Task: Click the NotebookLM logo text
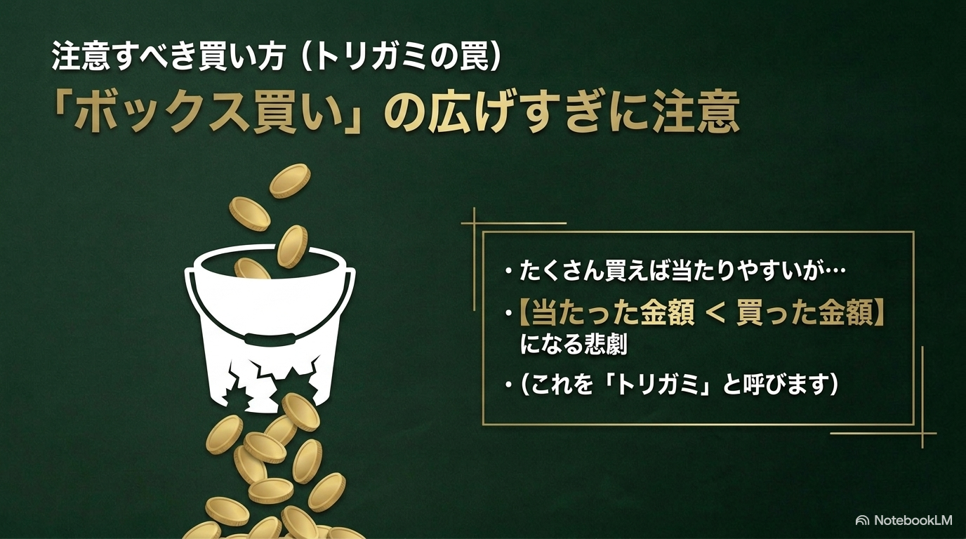pyautogui.click(x=913, y=521)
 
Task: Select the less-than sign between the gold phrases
pyautogui.click(x=715, y=313)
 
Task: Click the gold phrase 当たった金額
pyautogui.click(x=613, y=313)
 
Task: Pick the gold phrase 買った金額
pyautogui.click(x=805, y=313)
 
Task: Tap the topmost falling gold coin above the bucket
pyautogui.click(x=290, y=180)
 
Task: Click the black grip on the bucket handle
pyautogui.click(x=270, y=338)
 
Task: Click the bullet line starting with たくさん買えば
pyautogui.click(x=675, y=271)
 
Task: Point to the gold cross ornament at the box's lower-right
pyautogui.click(x=922, y=433)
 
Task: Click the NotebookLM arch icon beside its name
pyautogui.click(x=862, y=521)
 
